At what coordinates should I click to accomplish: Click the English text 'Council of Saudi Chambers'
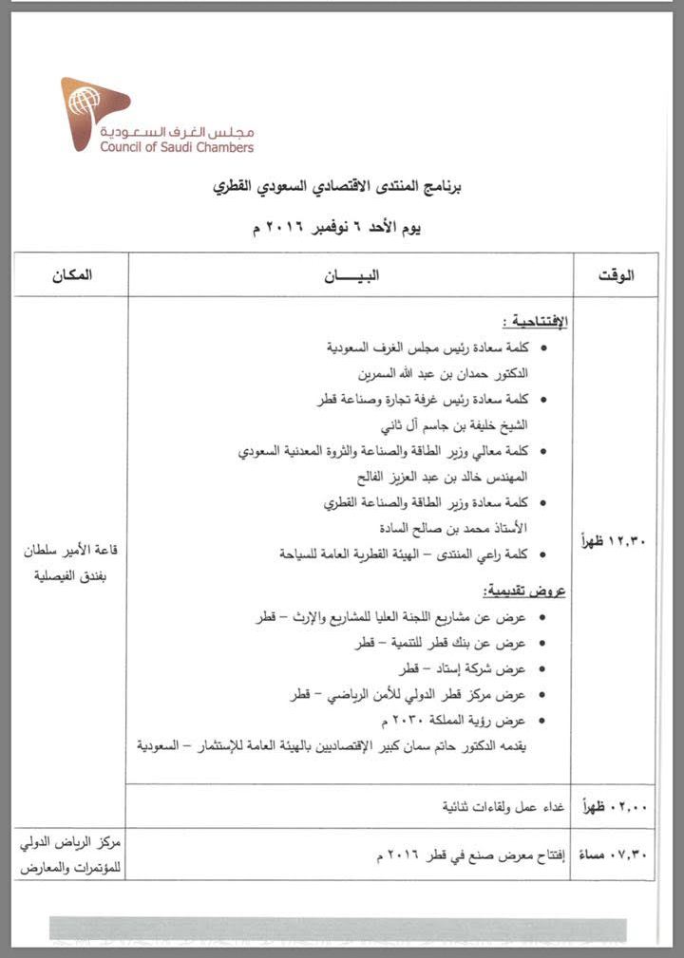click(x=177, y=147)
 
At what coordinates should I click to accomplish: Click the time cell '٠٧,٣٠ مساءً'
click(x=613, y=854)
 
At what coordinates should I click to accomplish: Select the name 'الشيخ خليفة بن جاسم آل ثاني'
click(x=459, y=424)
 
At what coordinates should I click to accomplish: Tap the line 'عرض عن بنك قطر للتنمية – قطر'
click(x=446, y=643)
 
